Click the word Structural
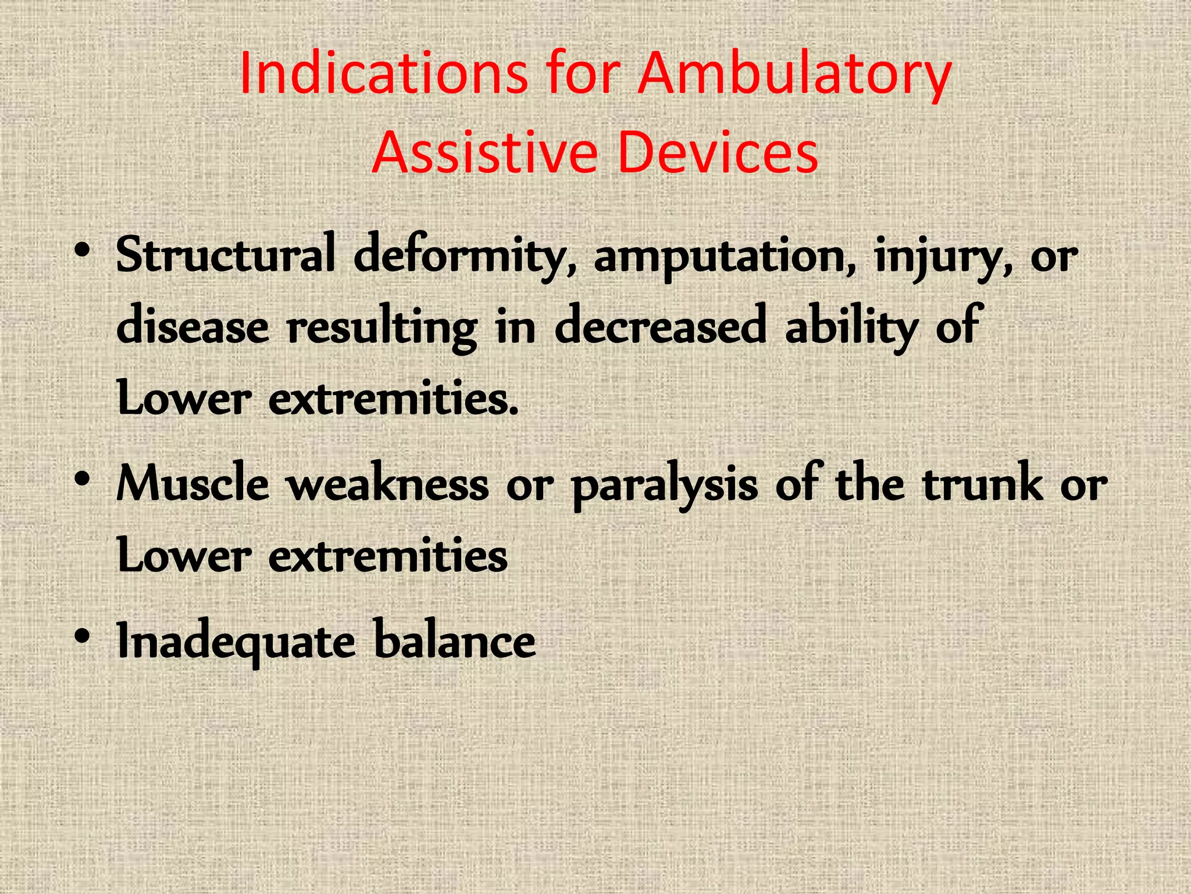pyautogui.click(x=226, y=255)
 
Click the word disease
pyautogui.click(x=192, y=326)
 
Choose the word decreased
pyautogui.click(x=660, y=326)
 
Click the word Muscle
pyautogui.click(x=192, y=484)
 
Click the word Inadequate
pyautogui.click(x=236, y=641)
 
